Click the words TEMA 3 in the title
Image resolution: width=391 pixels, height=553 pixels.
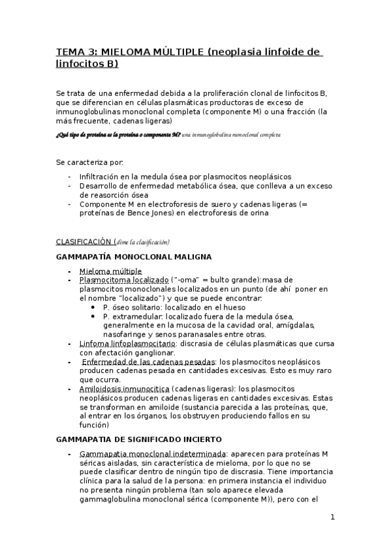click(74, 52)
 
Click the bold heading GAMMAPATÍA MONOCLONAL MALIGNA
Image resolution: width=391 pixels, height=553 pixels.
click(134, 257)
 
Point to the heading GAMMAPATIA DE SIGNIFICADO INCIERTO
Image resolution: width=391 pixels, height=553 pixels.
click(139, 439)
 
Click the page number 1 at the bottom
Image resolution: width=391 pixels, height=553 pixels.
click(332, 518)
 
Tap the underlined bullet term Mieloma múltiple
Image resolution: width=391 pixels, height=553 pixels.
click(110, 271)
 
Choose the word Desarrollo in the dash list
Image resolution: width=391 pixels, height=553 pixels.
click(100, 186)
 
